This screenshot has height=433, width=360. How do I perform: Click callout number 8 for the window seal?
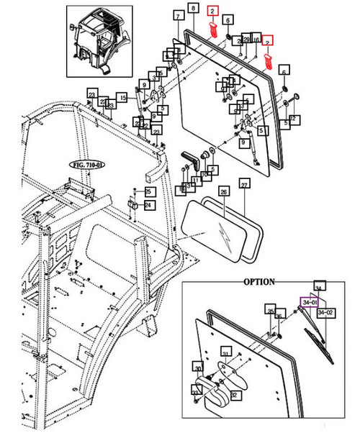[x=192, y=9]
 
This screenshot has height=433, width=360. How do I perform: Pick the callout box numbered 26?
[x=223, y=191]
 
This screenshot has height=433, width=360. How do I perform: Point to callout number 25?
[x=148, y=191]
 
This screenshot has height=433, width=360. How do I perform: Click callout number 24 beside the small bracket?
[x=148, y=205]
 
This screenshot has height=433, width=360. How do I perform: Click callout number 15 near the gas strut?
[x=122, y=97]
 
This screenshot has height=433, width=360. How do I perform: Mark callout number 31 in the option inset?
[x=225, y=353]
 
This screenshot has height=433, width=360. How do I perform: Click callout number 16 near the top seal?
[x=256, y=40]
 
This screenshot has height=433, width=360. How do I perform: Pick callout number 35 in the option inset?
[x=269, y=311]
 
